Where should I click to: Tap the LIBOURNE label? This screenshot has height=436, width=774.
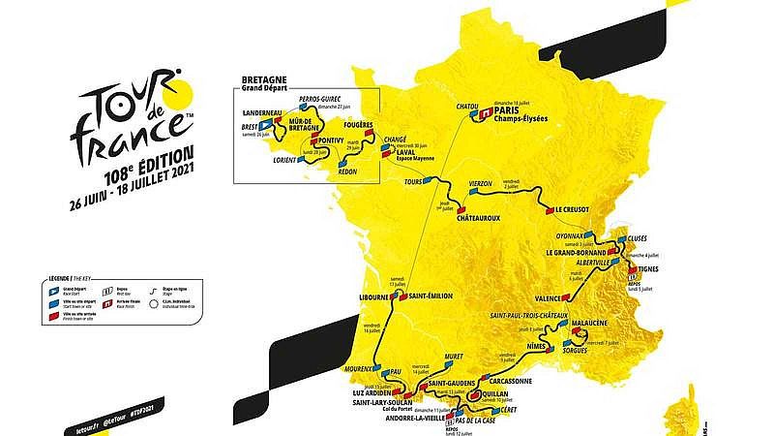point(378,296)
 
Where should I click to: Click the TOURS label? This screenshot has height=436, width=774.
point(419,181)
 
